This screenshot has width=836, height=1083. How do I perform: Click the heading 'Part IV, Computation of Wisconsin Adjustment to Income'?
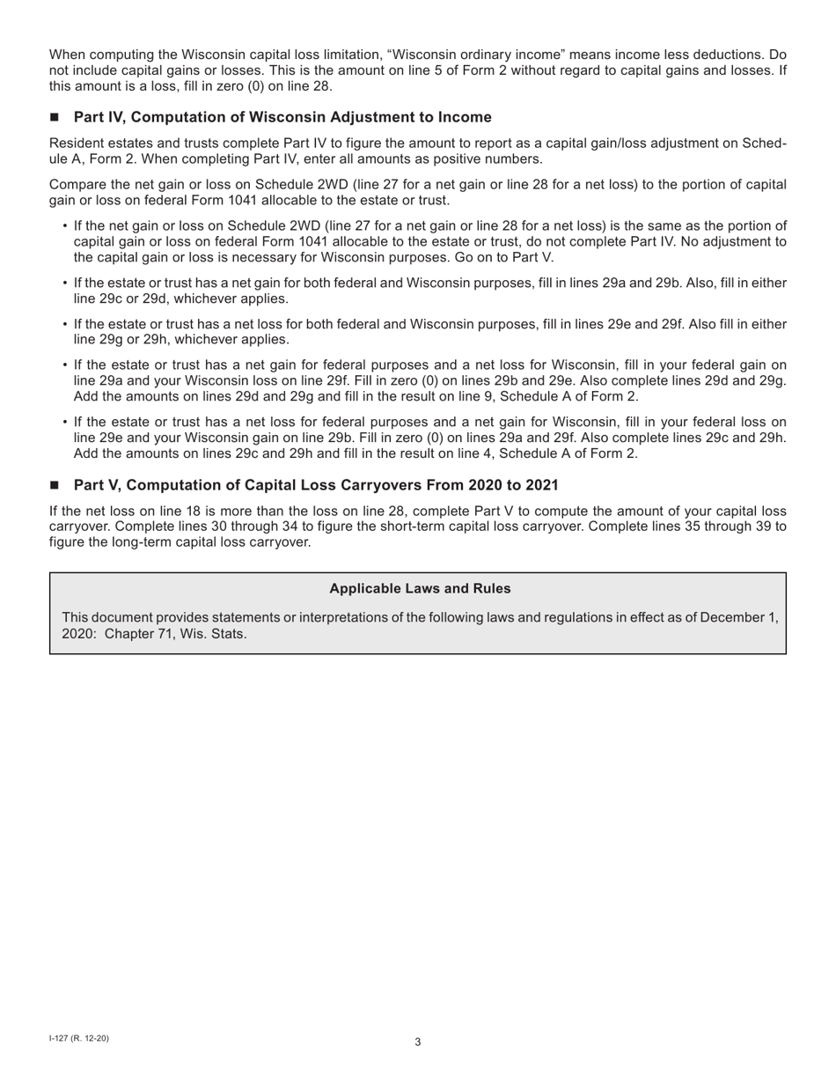click(282, 117)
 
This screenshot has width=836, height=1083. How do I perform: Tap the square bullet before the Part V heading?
click(55, 485)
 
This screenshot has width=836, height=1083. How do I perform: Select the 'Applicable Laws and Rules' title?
click(420, 588)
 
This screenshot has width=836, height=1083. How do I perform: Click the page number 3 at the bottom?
click(417, 1042)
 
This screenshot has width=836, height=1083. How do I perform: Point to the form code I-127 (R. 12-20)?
click(79, 1038)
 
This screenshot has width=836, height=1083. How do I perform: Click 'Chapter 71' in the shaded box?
click(138, 633)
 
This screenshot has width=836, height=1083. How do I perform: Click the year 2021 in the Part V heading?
click(541, 485)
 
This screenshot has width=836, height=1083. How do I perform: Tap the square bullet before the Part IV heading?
click(55, 118)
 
